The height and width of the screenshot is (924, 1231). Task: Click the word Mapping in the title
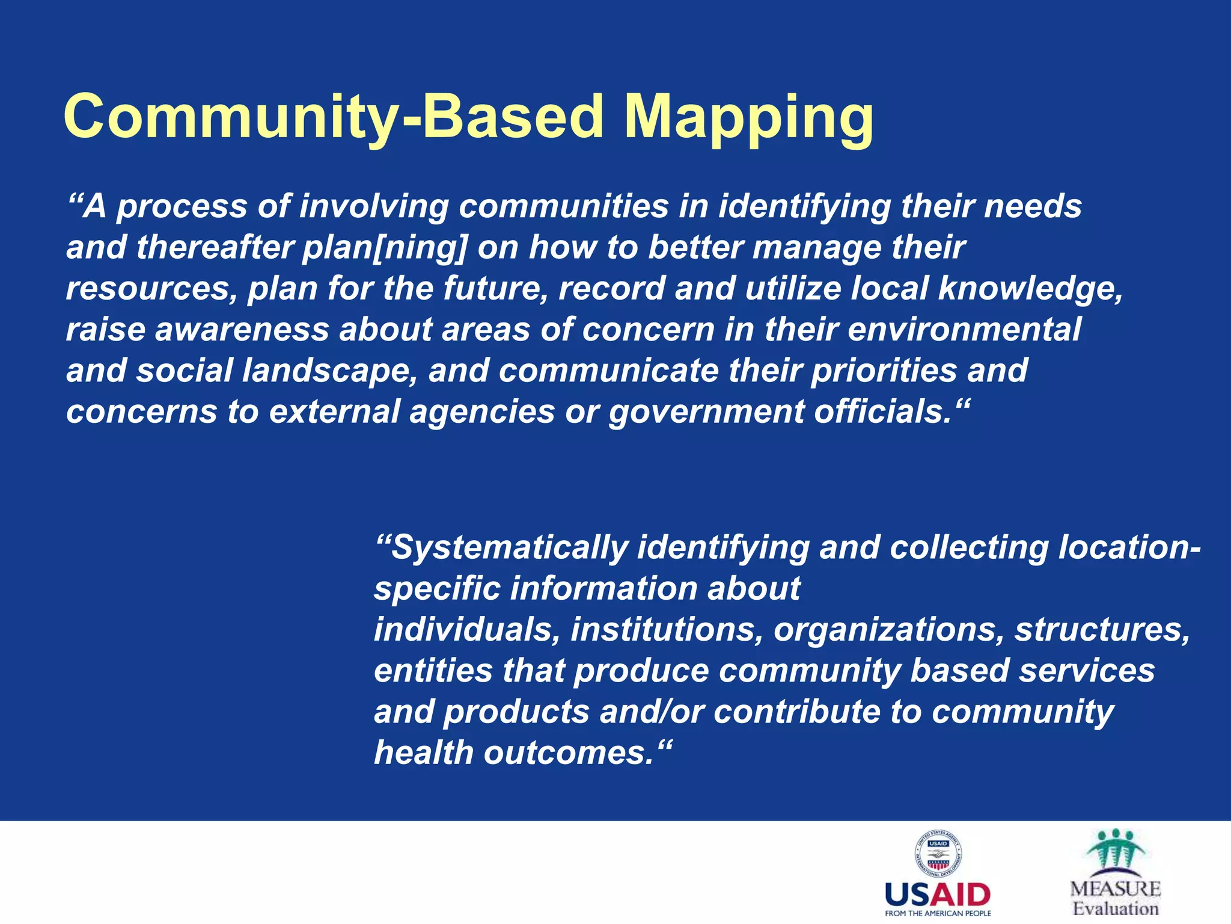(748, 117)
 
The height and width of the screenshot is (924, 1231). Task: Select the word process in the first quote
(182, 208)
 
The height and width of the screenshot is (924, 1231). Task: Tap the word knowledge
(1029, 289)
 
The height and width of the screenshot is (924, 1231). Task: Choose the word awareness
(242, 330)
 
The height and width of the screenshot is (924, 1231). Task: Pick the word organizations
(888, 630)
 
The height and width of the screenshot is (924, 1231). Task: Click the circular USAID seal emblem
(938, 854)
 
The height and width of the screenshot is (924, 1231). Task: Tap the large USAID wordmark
(938, 895)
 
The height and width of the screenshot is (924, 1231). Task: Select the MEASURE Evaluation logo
(1116, 872)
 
